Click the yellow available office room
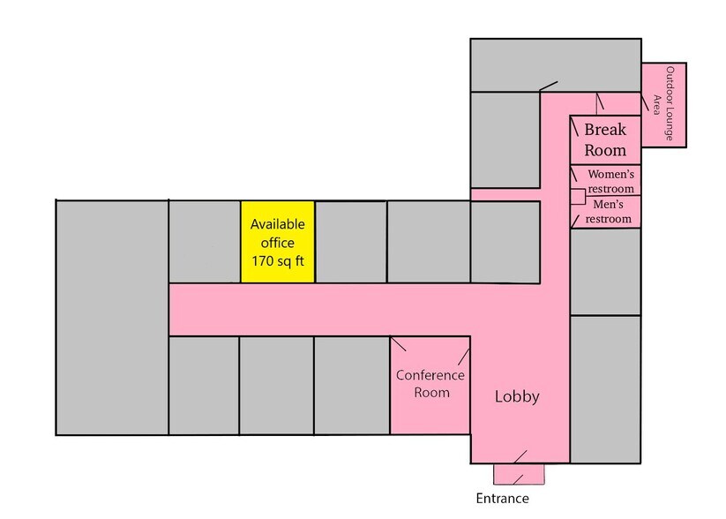point(277,242)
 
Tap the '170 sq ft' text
point(277,261)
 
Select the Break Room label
point(604,139)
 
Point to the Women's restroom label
point(610,181)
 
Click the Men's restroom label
point(609,211)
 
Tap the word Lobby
point(517,396)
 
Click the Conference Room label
point(430,384)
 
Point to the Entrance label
point(502,498)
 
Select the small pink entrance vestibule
point(519,474)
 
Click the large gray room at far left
point(112,318)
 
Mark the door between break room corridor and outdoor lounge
point(645,102)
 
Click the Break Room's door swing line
point(574,126)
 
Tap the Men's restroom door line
point(575,222)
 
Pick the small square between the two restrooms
point(579,197)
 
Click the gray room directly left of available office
point(205,242)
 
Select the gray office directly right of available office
point(350,242)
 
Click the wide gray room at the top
point(556,65)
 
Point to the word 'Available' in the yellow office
point(277,224)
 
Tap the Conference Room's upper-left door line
point(398,344)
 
